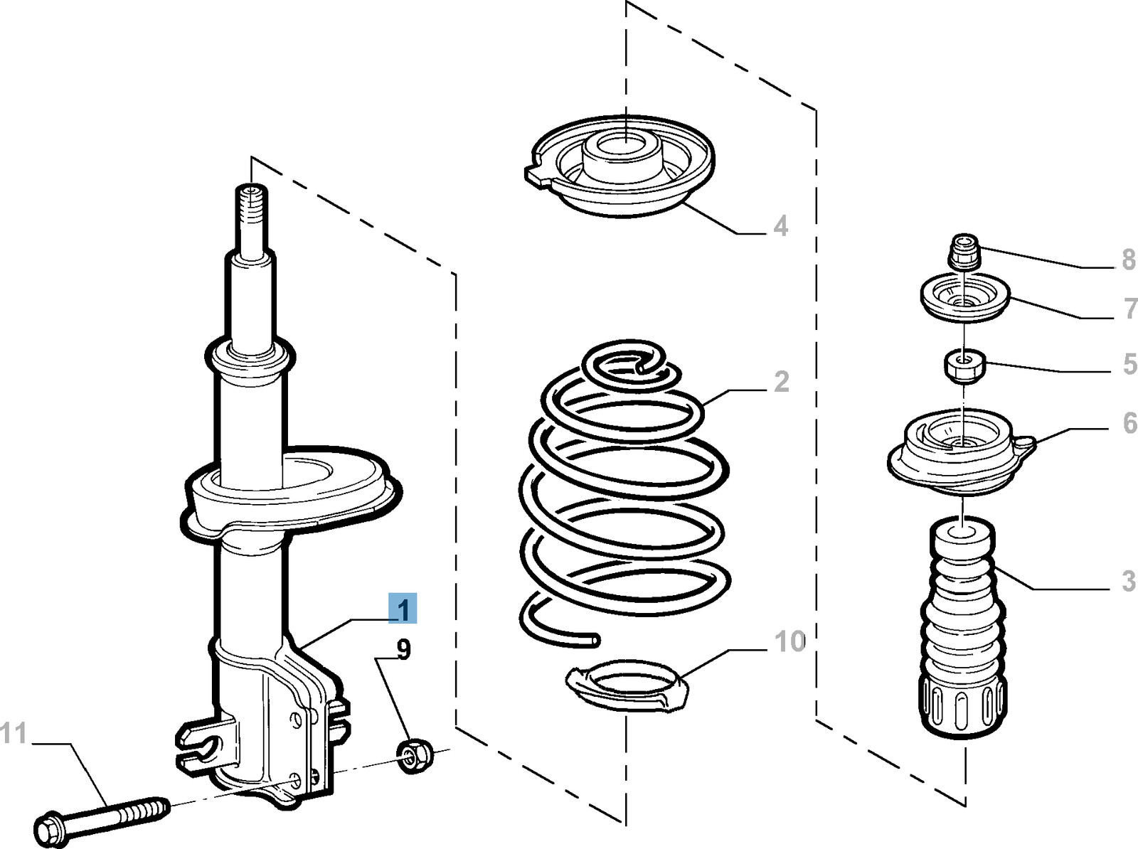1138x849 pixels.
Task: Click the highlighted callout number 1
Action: tap(403, 609)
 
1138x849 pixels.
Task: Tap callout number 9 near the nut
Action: tap(403, 649)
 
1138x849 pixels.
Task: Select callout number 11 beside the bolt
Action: tap(14, 733)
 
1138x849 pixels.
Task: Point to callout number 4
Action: tap(781, 226)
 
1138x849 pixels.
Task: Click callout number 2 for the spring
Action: tap(781, 382)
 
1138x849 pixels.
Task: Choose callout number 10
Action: tap(789, 641)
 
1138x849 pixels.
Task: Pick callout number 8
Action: tap(1128, 260)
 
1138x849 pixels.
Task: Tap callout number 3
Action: tap(1128, 581)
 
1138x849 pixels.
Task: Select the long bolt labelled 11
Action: tap(100, 815)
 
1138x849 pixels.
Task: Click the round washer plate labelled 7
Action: tap(964, 299)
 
